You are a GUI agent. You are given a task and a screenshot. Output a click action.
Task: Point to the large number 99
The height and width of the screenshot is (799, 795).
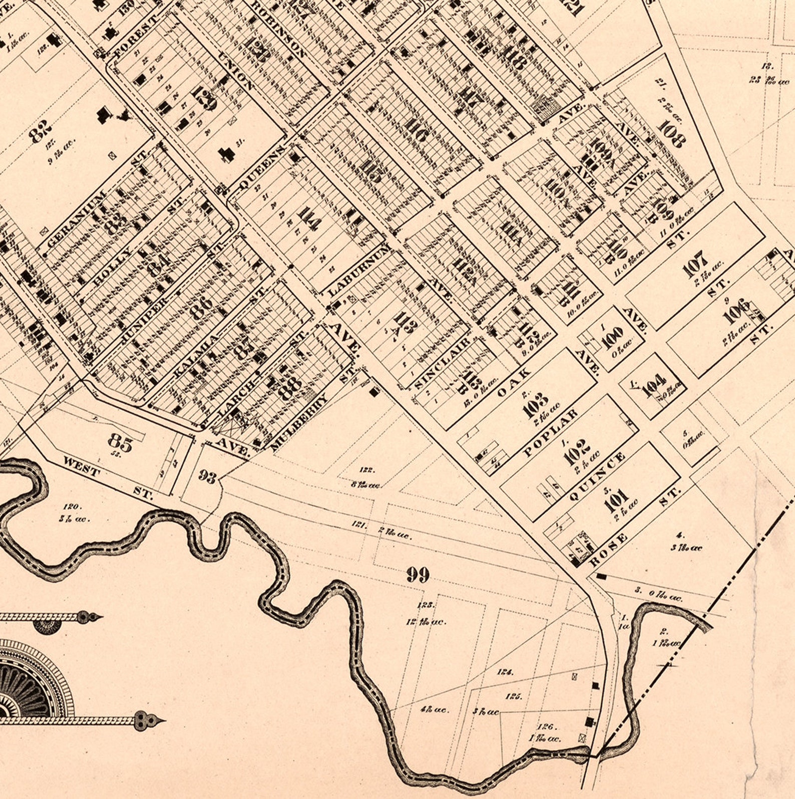click(x=418, y=575)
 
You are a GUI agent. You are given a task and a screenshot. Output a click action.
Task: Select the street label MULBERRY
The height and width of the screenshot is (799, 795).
click(x=300, y=422)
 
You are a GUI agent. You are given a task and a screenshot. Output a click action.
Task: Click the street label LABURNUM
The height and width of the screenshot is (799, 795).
click(x=358, y=271)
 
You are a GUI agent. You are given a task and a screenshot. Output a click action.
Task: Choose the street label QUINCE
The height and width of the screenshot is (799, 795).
click(x=599, y=476)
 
